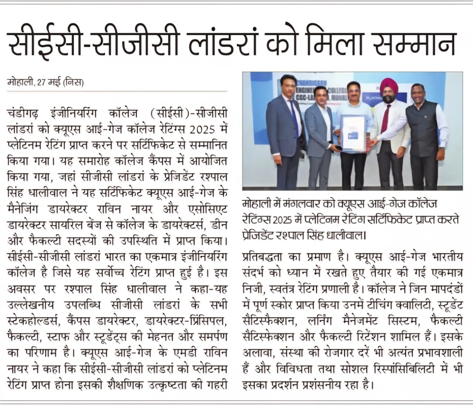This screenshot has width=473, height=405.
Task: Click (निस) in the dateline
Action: [x=74, y=82]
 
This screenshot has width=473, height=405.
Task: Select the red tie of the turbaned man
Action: [x=385, y=119]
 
